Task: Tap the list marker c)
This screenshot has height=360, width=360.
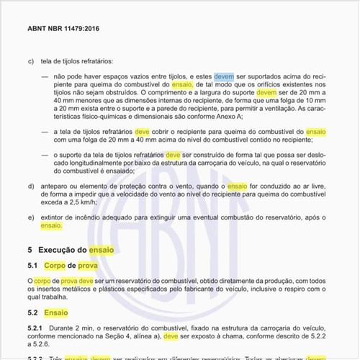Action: click(x=31, y=60)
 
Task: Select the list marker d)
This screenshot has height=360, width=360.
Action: click(x=31, y=186)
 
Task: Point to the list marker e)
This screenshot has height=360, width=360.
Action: click(x=31, y=217)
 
